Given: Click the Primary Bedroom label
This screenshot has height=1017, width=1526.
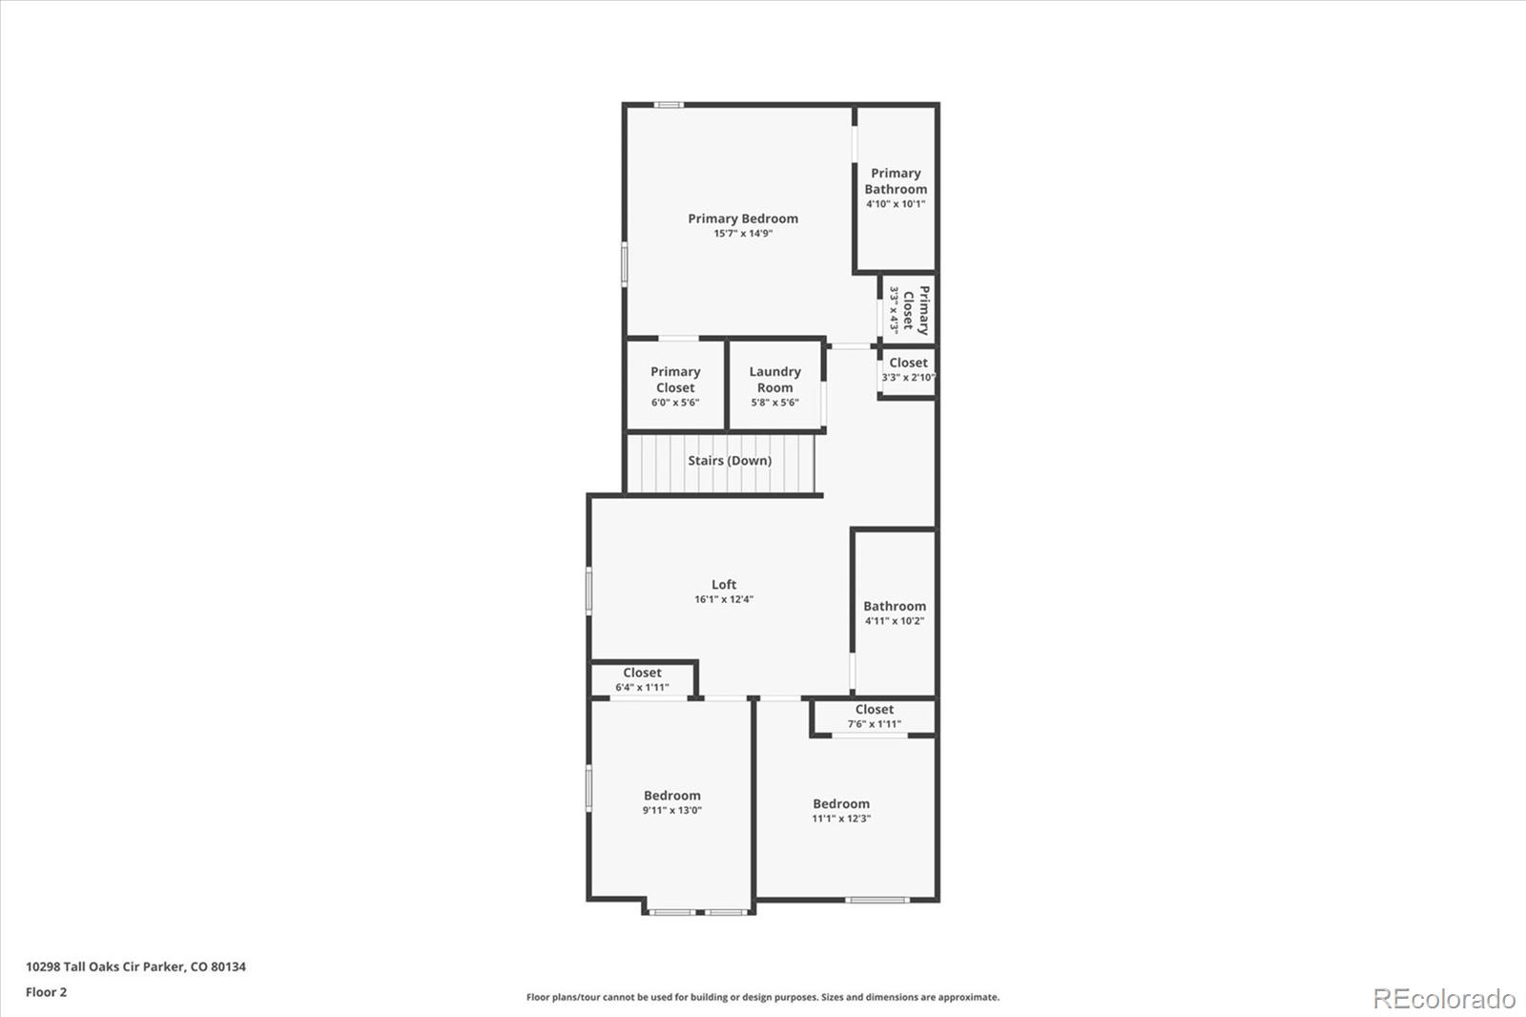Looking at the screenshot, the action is [743, 218].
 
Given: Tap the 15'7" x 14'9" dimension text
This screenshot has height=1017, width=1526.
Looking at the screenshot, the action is [743, 234].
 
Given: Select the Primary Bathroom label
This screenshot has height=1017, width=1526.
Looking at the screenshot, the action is [896, 181].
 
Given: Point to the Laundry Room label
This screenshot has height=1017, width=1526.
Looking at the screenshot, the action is [774, 380].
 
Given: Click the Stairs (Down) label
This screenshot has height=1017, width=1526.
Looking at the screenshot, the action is [730, 461].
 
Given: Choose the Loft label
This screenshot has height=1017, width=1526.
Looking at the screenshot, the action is [724, 585].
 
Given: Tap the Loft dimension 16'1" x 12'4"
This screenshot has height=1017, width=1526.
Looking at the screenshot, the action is [724, 600].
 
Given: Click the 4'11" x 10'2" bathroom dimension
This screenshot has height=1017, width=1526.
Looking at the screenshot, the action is [895, 621].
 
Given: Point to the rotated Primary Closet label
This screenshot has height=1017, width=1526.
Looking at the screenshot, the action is [916, 311].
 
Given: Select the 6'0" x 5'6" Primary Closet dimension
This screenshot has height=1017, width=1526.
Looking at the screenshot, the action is [675, 403].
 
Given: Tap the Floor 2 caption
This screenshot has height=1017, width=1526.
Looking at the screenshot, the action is [47, 992].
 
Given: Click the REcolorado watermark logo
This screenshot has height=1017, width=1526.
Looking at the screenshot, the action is [1444, 999].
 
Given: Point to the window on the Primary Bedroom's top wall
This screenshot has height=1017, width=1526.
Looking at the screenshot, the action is [669, 105].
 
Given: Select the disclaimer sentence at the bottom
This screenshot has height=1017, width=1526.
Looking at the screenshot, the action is [763, 997].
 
